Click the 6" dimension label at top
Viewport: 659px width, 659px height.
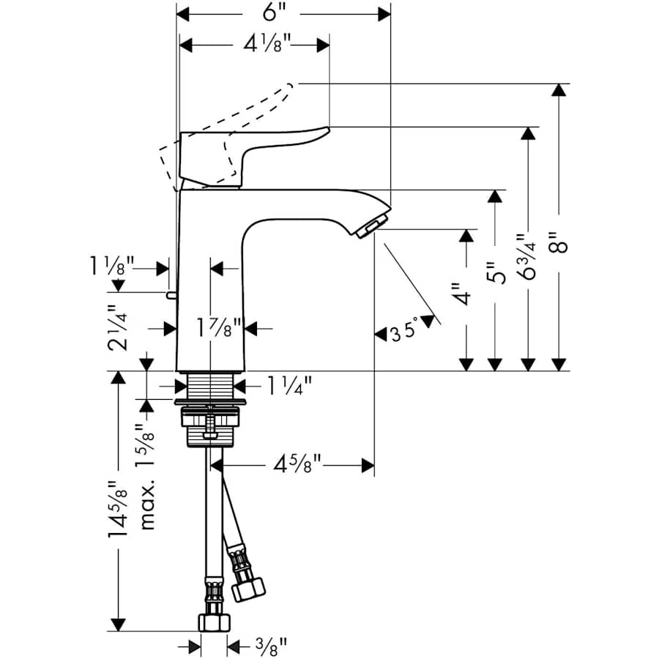(x=271, y=14)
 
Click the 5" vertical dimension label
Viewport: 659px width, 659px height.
(x=497, y=274)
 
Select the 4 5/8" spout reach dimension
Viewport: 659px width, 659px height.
(x=298, y=464)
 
